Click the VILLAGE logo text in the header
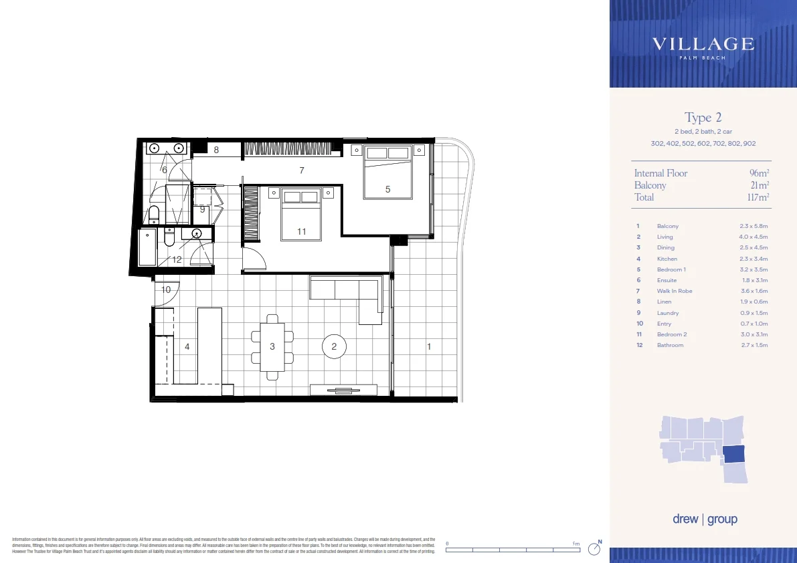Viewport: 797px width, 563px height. point(703,45)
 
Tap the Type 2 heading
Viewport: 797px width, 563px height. point(703,118)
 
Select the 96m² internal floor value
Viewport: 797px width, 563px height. point(759,173)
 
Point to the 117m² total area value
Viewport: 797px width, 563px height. point(758,197)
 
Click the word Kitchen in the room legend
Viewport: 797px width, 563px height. point(667,259)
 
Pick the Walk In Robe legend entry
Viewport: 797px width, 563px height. point(674,291)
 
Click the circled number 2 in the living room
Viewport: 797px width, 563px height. point(334,346)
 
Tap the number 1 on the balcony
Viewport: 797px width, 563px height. point(429,346)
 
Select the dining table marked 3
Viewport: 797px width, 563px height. point(272,346)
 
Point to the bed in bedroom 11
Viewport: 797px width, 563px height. point(301,214)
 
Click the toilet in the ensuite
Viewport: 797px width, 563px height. point(154,214)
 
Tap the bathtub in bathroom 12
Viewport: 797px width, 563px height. point(146,248)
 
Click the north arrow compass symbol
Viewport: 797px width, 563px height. point(594,548)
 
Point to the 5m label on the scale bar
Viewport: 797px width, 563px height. point(577,544)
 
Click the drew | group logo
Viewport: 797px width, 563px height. point(705,520)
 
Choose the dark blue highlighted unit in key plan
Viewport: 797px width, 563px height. point(735,454)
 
